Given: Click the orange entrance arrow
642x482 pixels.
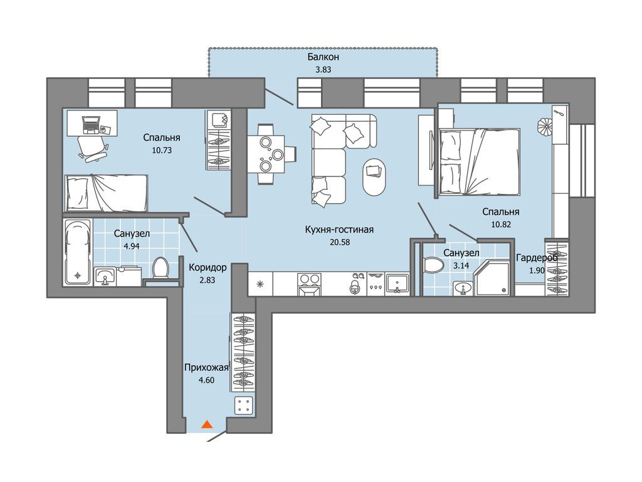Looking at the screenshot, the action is [x=208, y=424].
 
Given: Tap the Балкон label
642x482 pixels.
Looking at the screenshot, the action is [x=323, y=57].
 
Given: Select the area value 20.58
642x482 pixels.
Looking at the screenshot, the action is [x=340, y=242].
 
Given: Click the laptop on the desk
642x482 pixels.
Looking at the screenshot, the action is [x=92, y=125].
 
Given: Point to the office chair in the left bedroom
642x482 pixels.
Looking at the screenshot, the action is [x=92, y=147].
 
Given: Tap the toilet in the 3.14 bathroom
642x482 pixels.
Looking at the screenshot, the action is [x=434, y=264].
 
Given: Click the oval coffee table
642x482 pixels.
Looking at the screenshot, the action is [x=374, y=177].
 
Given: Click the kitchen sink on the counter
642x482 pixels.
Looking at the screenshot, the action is [x=396, y=283].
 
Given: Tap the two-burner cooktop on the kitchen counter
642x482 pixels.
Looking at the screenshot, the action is [x=309, y=279].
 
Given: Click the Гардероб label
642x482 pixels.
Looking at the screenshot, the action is [x=537, y=258].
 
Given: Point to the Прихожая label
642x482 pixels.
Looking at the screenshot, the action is [x=206, y=368].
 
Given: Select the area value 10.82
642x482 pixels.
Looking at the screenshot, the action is [x=501, y=225].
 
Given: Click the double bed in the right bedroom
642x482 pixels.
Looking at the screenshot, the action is [x=478, y=161].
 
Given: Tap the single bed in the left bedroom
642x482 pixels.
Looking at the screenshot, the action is [x=105, y=193].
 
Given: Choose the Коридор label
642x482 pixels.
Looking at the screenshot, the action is [x=208, y=267].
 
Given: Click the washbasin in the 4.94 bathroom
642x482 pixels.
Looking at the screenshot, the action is [x=105, y=276].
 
